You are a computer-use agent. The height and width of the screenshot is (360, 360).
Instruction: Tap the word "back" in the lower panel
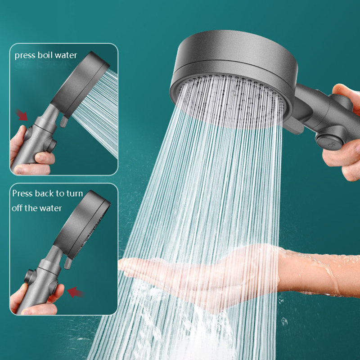coord(44,193)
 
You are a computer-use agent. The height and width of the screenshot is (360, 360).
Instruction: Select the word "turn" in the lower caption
coord(74,193)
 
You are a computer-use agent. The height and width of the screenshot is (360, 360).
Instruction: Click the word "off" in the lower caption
coord(17,208)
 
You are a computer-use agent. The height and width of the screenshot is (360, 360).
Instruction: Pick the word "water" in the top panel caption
coord(66,55)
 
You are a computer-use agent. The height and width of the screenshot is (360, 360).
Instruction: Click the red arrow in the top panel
coord(21,115)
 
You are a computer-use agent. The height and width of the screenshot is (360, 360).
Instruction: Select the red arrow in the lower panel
coord(76,292)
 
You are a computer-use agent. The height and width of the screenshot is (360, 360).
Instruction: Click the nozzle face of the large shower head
coord(231,101)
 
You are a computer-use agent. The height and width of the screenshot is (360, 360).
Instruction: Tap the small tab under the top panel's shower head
coord(64,121)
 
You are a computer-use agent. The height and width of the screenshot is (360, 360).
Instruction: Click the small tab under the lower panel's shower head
coord(68,262)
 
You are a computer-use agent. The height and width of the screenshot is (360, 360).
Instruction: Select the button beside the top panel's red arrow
coord(28,134)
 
